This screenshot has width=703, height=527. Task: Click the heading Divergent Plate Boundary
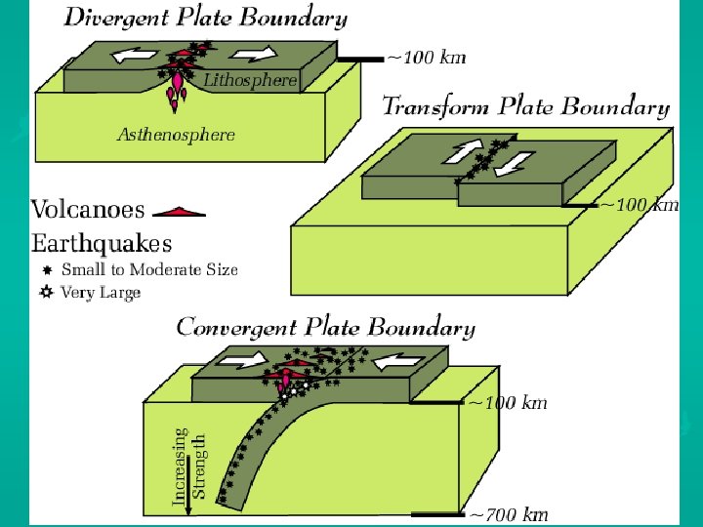click(205, 18)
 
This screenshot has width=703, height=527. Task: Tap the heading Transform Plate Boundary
click(525, 106)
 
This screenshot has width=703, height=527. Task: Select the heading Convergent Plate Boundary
click(325, 328)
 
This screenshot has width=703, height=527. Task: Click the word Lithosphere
click(250, 81)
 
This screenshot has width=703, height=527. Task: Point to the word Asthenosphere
click(176, 135)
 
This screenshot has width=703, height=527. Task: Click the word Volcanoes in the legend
click(88, 209)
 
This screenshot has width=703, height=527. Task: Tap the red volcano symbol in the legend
click(180, 210)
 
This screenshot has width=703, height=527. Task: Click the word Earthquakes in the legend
click(102, 242)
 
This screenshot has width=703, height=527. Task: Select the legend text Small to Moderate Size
click(149, 269)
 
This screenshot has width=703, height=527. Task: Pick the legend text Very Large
click(101, 292)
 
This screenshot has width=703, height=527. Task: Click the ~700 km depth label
click(509, 514)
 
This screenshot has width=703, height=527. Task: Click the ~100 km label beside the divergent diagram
click(427, 58)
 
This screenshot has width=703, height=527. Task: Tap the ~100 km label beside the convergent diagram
click(508, 402)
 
